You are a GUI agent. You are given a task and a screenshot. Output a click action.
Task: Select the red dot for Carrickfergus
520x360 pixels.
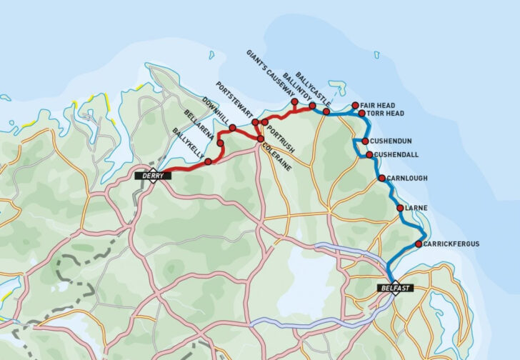[x=418, y=244]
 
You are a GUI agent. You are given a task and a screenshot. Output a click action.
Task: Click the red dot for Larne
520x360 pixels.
[x=400, y=208]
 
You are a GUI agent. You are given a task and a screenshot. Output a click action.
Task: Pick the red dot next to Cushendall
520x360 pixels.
[x=369, y=154]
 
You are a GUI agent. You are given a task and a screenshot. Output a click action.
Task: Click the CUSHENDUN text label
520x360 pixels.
[x=392, y=141]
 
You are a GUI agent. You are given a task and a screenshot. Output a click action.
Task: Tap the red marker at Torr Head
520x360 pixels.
[x=362, y=114]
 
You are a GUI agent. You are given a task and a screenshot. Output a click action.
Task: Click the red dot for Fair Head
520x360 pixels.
[x=356, y=105]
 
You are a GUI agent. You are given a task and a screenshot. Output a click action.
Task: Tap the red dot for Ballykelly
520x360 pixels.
[x=208, y=162]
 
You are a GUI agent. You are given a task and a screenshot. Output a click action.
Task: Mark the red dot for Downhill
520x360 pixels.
[x=232, y=128]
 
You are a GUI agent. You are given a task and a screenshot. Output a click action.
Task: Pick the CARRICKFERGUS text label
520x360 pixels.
[x=451, y=244]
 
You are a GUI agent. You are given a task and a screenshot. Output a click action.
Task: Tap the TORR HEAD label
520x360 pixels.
[x=386, y=114]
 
